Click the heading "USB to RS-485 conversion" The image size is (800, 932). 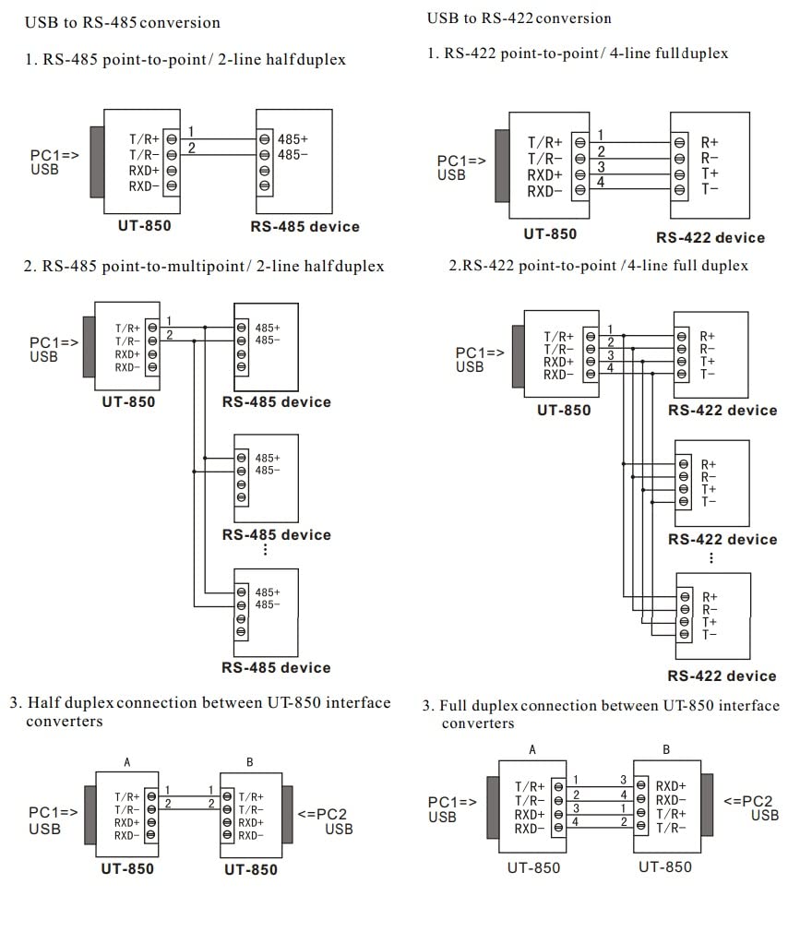click(122, 22)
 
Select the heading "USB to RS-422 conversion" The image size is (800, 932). click(519, 18)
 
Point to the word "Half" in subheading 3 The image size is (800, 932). click(44, 703)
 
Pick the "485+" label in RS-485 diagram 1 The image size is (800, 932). click(293, 138)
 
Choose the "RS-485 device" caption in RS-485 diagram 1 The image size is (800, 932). click(304, 226)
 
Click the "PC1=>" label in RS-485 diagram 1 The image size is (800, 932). click(54, 156)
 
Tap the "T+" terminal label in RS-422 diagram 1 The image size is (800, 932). click(709, 173)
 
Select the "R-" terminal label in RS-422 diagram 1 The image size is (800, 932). click(709, 158)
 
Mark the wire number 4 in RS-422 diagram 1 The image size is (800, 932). click(601, 182)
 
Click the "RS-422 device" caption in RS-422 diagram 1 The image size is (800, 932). click(710, 237)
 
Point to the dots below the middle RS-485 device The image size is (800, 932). click(265, 550)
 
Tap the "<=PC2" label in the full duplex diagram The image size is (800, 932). click(748, 801)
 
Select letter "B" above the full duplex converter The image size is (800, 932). click(666, 750)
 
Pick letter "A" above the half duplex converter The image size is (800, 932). click(127, 762)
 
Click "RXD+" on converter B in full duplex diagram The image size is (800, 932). click(671, 786)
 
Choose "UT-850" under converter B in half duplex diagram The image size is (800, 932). click(250, 869)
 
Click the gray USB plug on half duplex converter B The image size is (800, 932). click(287, 815)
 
